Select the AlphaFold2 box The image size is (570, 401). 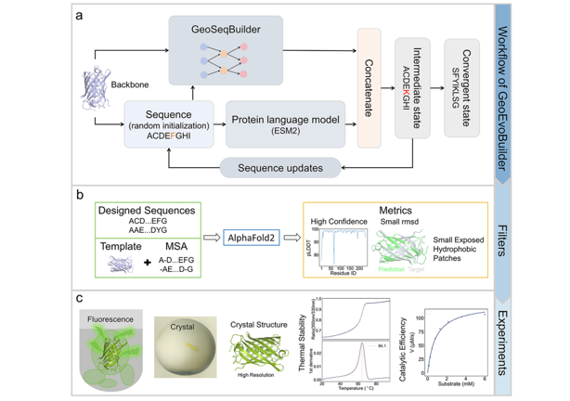tap(251, 239)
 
